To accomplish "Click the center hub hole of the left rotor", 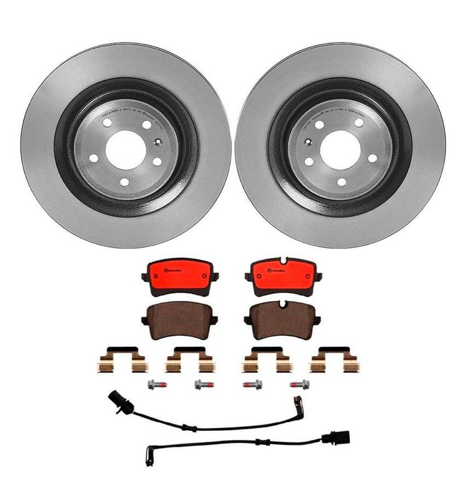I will (126, 149).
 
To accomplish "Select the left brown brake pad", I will (179, 321).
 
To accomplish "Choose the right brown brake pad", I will (282, 320).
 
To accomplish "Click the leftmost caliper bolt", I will (151, 385).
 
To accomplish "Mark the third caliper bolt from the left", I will (254, 385).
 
